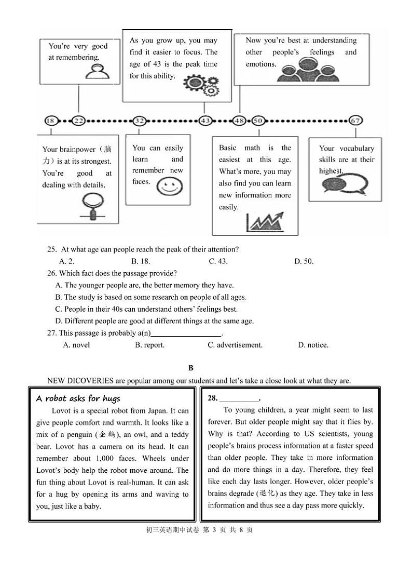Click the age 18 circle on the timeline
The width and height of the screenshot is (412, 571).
tap(50, 121)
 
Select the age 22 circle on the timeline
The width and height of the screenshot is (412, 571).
tap(79, 121)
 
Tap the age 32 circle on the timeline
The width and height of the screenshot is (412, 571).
tap(139, 121)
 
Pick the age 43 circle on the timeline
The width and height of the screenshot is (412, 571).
tap(205, 121)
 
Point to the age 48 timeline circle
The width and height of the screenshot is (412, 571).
tap(239, 121)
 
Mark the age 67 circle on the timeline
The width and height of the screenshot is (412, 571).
tap(355, 121)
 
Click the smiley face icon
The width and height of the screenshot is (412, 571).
tap(169, 187)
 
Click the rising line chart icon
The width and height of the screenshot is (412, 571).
tap(265, 221)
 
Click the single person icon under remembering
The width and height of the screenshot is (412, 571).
tap(97, 71)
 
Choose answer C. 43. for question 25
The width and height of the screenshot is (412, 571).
tap(218, 261)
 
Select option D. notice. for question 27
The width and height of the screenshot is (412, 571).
tap(313, 344)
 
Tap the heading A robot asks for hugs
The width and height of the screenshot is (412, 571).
tap(78, 399)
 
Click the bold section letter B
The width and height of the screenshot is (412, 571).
tap(191, 368)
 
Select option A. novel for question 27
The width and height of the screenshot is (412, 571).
tap(76, 344)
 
